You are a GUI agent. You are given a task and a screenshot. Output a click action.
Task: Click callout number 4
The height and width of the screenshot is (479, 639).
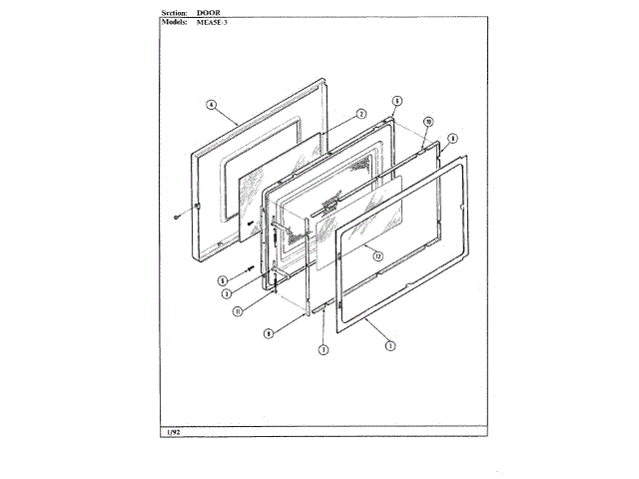(212, 104)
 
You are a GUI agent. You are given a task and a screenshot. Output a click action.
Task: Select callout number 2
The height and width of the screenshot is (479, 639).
(361, 114)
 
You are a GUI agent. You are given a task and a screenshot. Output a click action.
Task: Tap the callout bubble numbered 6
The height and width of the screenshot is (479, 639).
(396, 101)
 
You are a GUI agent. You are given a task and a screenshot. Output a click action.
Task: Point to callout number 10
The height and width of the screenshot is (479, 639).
(427, 121)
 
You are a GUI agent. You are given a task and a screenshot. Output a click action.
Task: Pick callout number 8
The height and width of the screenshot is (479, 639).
(452, 138)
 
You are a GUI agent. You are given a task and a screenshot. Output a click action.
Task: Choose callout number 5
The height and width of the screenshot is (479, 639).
(224, 280)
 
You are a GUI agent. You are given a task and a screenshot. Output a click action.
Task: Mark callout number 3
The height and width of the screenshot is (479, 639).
(228, 293)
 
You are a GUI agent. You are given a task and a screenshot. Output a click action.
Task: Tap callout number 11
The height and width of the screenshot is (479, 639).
(238, 311)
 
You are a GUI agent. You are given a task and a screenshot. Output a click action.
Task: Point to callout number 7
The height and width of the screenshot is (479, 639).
(322, 349)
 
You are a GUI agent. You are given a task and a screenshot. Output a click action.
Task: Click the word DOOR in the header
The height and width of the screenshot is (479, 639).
(210, 12)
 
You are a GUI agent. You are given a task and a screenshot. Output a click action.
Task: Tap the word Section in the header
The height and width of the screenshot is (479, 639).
(176, 12)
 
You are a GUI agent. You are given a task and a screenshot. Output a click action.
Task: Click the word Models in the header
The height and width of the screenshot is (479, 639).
(175, 21)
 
